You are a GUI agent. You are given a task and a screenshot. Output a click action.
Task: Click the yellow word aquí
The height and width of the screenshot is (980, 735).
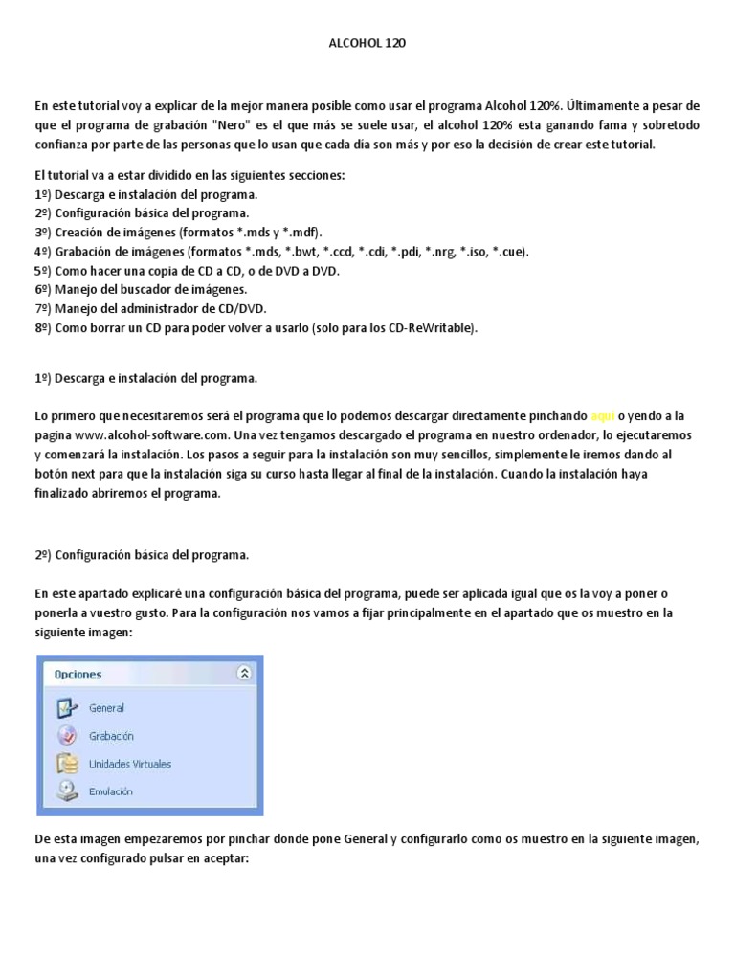[x=602, y=416]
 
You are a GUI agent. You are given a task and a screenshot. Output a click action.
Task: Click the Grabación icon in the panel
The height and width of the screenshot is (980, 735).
[x=66, y=736]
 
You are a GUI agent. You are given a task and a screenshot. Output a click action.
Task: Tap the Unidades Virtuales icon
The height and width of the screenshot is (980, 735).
[x=66, y=764]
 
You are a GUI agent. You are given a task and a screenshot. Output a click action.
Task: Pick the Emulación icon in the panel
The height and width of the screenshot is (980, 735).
[x=66, y=791]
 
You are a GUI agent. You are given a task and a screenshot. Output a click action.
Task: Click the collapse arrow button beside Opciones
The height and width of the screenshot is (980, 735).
[x=244, y=674]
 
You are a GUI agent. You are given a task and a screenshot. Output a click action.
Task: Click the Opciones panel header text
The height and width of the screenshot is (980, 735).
[x=78, y=674]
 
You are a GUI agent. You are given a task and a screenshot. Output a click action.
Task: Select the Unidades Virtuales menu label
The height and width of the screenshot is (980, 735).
[x=130, y=764]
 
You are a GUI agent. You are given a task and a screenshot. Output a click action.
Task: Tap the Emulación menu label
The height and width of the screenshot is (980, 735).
[x=111, y=791]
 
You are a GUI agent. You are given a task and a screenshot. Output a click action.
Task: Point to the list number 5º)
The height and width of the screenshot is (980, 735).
[x=43, y=271]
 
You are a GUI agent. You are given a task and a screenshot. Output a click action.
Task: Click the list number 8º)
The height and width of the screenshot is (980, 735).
[x=43, y=328]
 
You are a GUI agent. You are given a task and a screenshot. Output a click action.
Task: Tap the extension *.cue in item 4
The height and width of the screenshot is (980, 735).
[x=504, y=252]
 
